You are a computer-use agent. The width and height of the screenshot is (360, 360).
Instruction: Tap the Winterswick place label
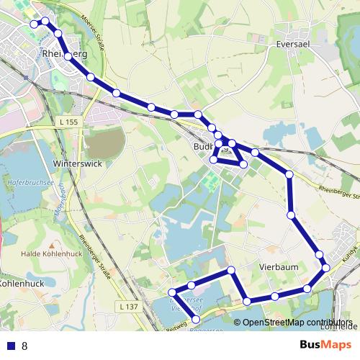[x=78, y=163]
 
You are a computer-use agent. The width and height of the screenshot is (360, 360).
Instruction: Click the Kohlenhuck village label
[x=21, y=283]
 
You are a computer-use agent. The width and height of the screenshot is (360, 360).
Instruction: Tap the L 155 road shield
[x=68, y=122]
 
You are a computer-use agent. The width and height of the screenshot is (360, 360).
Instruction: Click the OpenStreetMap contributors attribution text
[x=295, y=323]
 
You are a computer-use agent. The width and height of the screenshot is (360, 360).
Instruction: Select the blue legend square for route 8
[x=10, y=346]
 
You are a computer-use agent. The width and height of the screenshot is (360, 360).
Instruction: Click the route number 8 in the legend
[x=24, y=346]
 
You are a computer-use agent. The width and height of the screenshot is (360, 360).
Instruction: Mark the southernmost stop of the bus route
[x=197, y=318]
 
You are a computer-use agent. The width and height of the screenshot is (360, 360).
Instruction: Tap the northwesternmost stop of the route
[x=34, y=24]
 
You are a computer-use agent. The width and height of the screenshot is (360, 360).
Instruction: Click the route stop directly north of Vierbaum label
[x=291, y=215]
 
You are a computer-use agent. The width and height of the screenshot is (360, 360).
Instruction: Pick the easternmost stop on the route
[x=326, y=267]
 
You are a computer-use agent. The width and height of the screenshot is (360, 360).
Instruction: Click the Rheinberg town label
[x=65, y=54]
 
